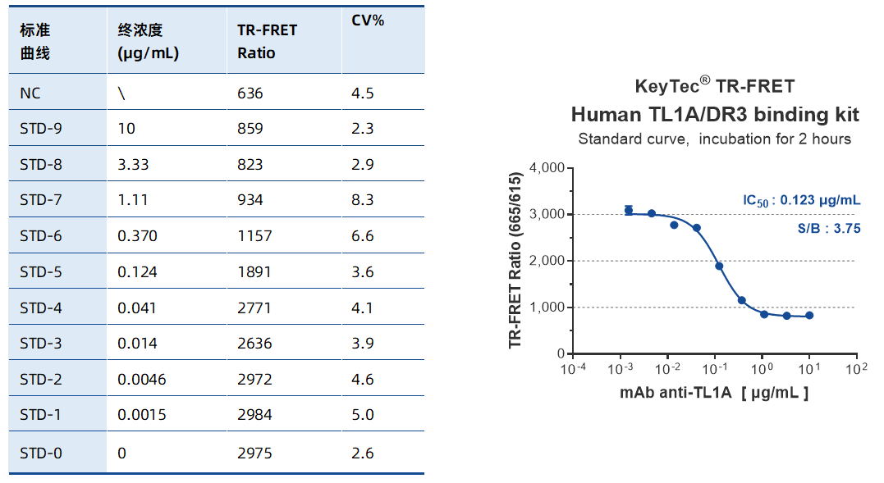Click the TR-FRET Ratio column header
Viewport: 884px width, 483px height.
tap(268, 41)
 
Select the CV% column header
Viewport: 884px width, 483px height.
tap(368, 21)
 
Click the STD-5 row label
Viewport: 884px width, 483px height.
tap(40, 271)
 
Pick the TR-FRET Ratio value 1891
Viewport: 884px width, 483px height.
tap(250, 271)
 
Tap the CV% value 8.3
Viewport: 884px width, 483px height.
tap(362, 200)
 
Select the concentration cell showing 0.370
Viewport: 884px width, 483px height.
tap(137, 236)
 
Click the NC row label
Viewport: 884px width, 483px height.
tap(30, 93)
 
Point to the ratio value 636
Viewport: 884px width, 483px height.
tap(250, 93)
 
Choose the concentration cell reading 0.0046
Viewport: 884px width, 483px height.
tap(142, 379)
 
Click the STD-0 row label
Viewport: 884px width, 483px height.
tap(40, 453)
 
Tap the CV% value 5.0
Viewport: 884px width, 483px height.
tap(362, 415)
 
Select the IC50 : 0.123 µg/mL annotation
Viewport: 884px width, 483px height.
tap(801, 200)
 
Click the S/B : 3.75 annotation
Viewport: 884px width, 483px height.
tap(830, 229)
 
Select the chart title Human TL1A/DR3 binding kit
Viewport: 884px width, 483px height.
tap(714, 113)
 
